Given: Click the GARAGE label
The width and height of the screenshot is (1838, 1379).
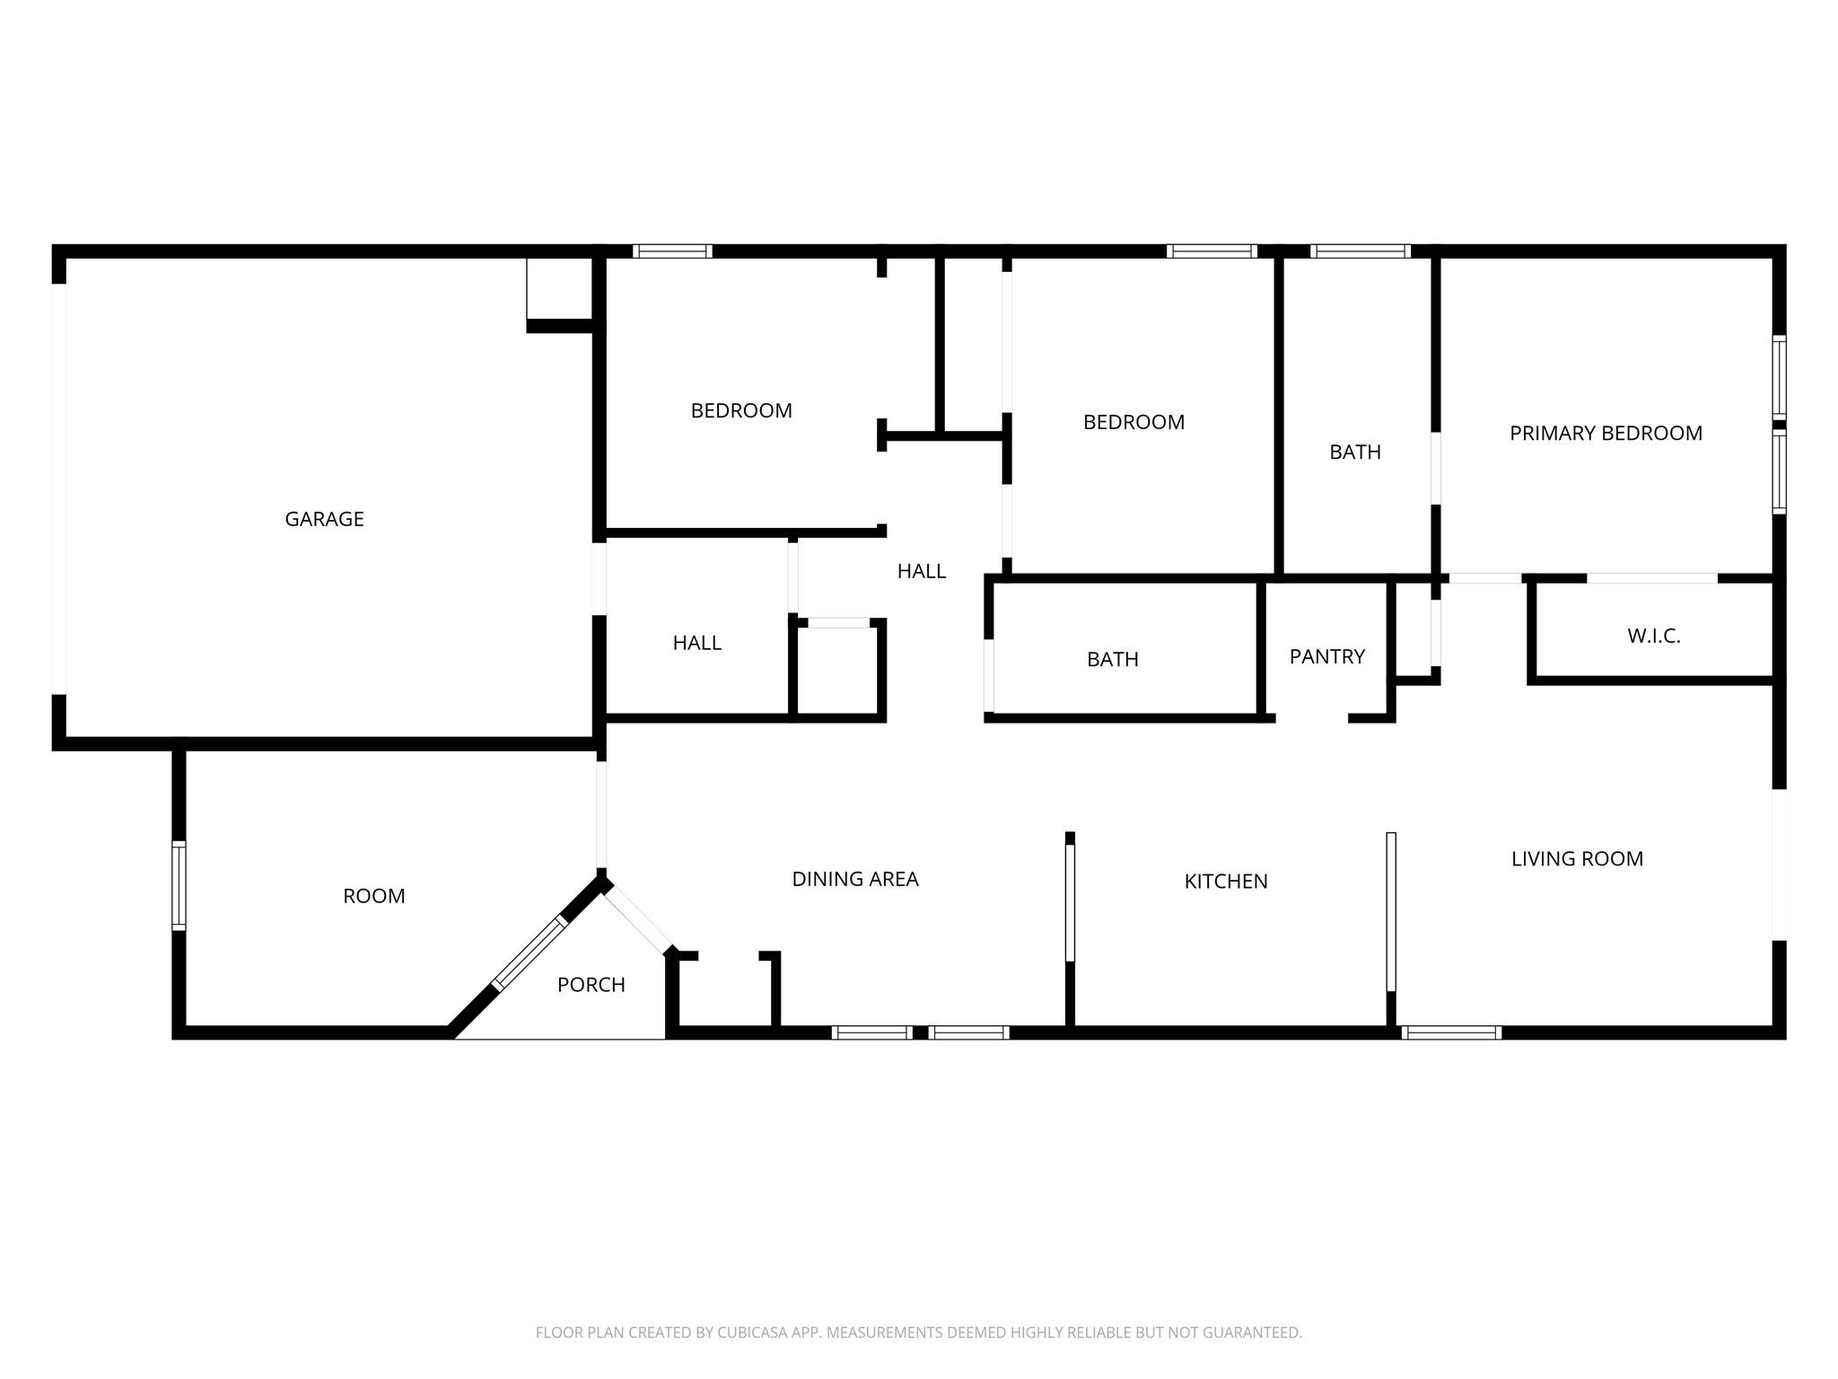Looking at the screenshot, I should point(324,519).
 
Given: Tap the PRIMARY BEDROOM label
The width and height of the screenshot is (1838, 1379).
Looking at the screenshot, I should point(1606,434).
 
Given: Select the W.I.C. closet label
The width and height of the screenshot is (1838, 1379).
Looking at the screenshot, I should point(1653,637).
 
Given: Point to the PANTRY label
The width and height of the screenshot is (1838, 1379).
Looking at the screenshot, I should point(1326,656).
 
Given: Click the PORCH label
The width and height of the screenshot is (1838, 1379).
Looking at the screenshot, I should point(591,985).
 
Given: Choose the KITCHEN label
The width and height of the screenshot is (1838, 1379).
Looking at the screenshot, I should point(1225,882).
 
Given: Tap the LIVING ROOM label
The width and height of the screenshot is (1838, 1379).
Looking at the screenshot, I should point(1577,859).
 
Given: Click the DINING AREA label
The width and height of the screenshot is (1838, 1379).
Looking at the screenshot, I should point(854,879).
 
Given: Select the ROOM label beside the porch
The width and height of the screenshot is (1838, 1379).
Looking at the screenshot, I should point(373,896).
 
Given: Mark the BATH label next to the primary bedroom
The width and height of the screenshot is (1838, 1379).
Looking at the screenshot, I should point(1354,452).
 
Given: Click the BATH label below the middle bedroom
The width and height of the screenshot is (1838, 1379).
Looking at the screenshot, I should point(1112,660).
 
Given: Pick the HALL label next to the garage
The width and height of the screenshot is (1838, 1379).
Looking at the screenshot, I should point(696,643).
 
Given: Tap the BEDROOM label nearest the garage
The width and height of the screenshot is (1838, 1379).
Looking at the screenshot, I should point(740,411).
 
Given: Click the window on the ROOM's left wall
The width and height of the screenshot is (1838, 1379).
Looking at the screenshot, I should point(179,885).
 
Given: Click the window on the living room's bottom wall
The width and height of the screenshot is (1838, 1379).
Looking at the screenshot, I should point(1450,1032).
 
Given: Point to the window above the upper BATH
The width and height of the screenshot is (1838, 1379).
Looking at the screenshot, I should point(1360,251).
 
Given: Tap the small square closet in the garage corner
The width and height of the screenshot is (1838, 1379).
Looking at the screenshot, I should point(558,289).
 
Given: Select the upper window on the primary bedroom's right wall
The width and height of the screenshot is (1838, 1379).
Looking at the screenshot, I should point(1779,377).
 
